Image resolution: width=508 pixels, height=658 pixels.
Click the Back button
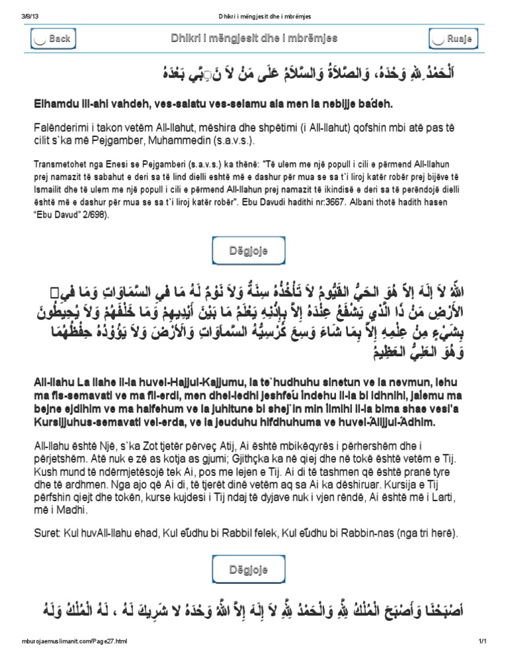tap(52, 39)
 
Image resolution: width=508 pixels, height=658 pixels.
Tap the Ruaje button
tap(453, 39)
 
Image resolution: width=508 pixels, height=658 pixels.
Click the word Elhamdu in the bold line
tap(55, 104)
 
